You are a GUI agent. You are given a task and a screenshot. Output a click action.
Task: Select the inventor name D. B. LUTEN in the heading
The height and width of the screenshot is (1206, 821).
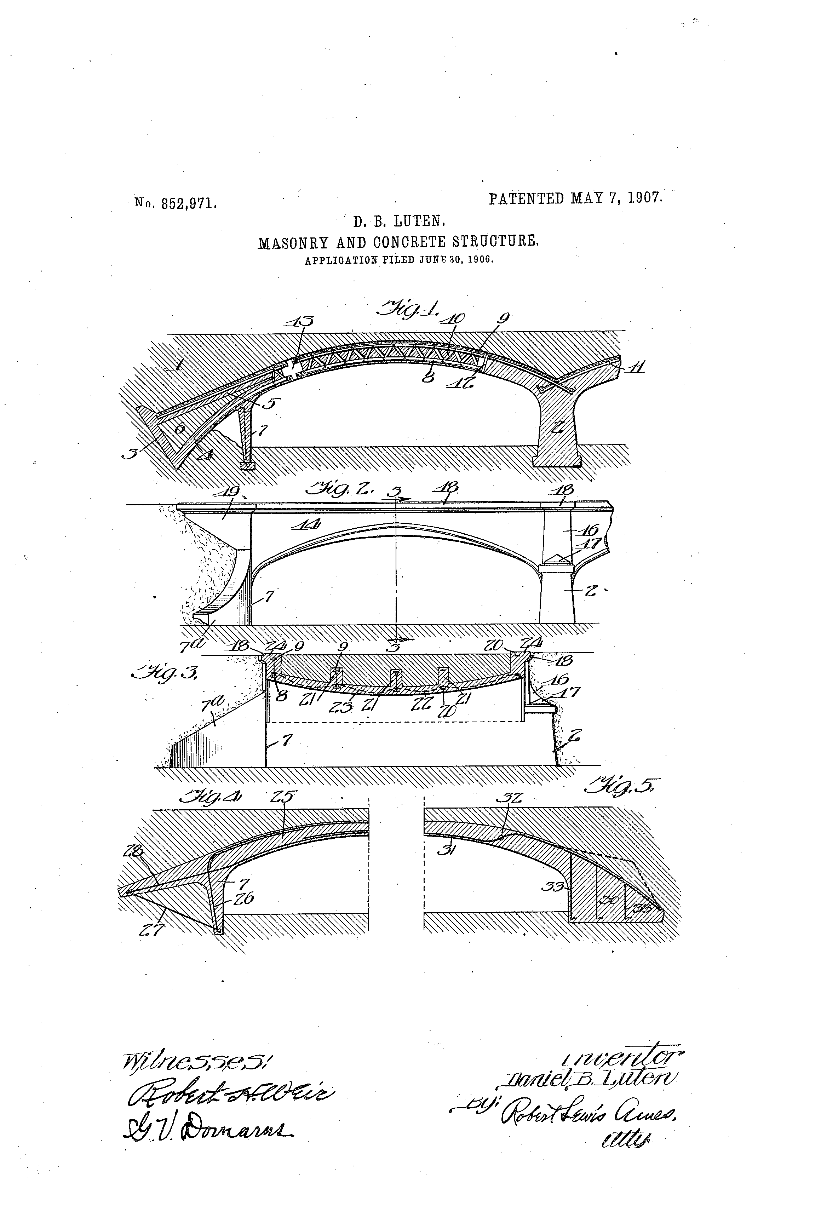click(399, 223)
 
